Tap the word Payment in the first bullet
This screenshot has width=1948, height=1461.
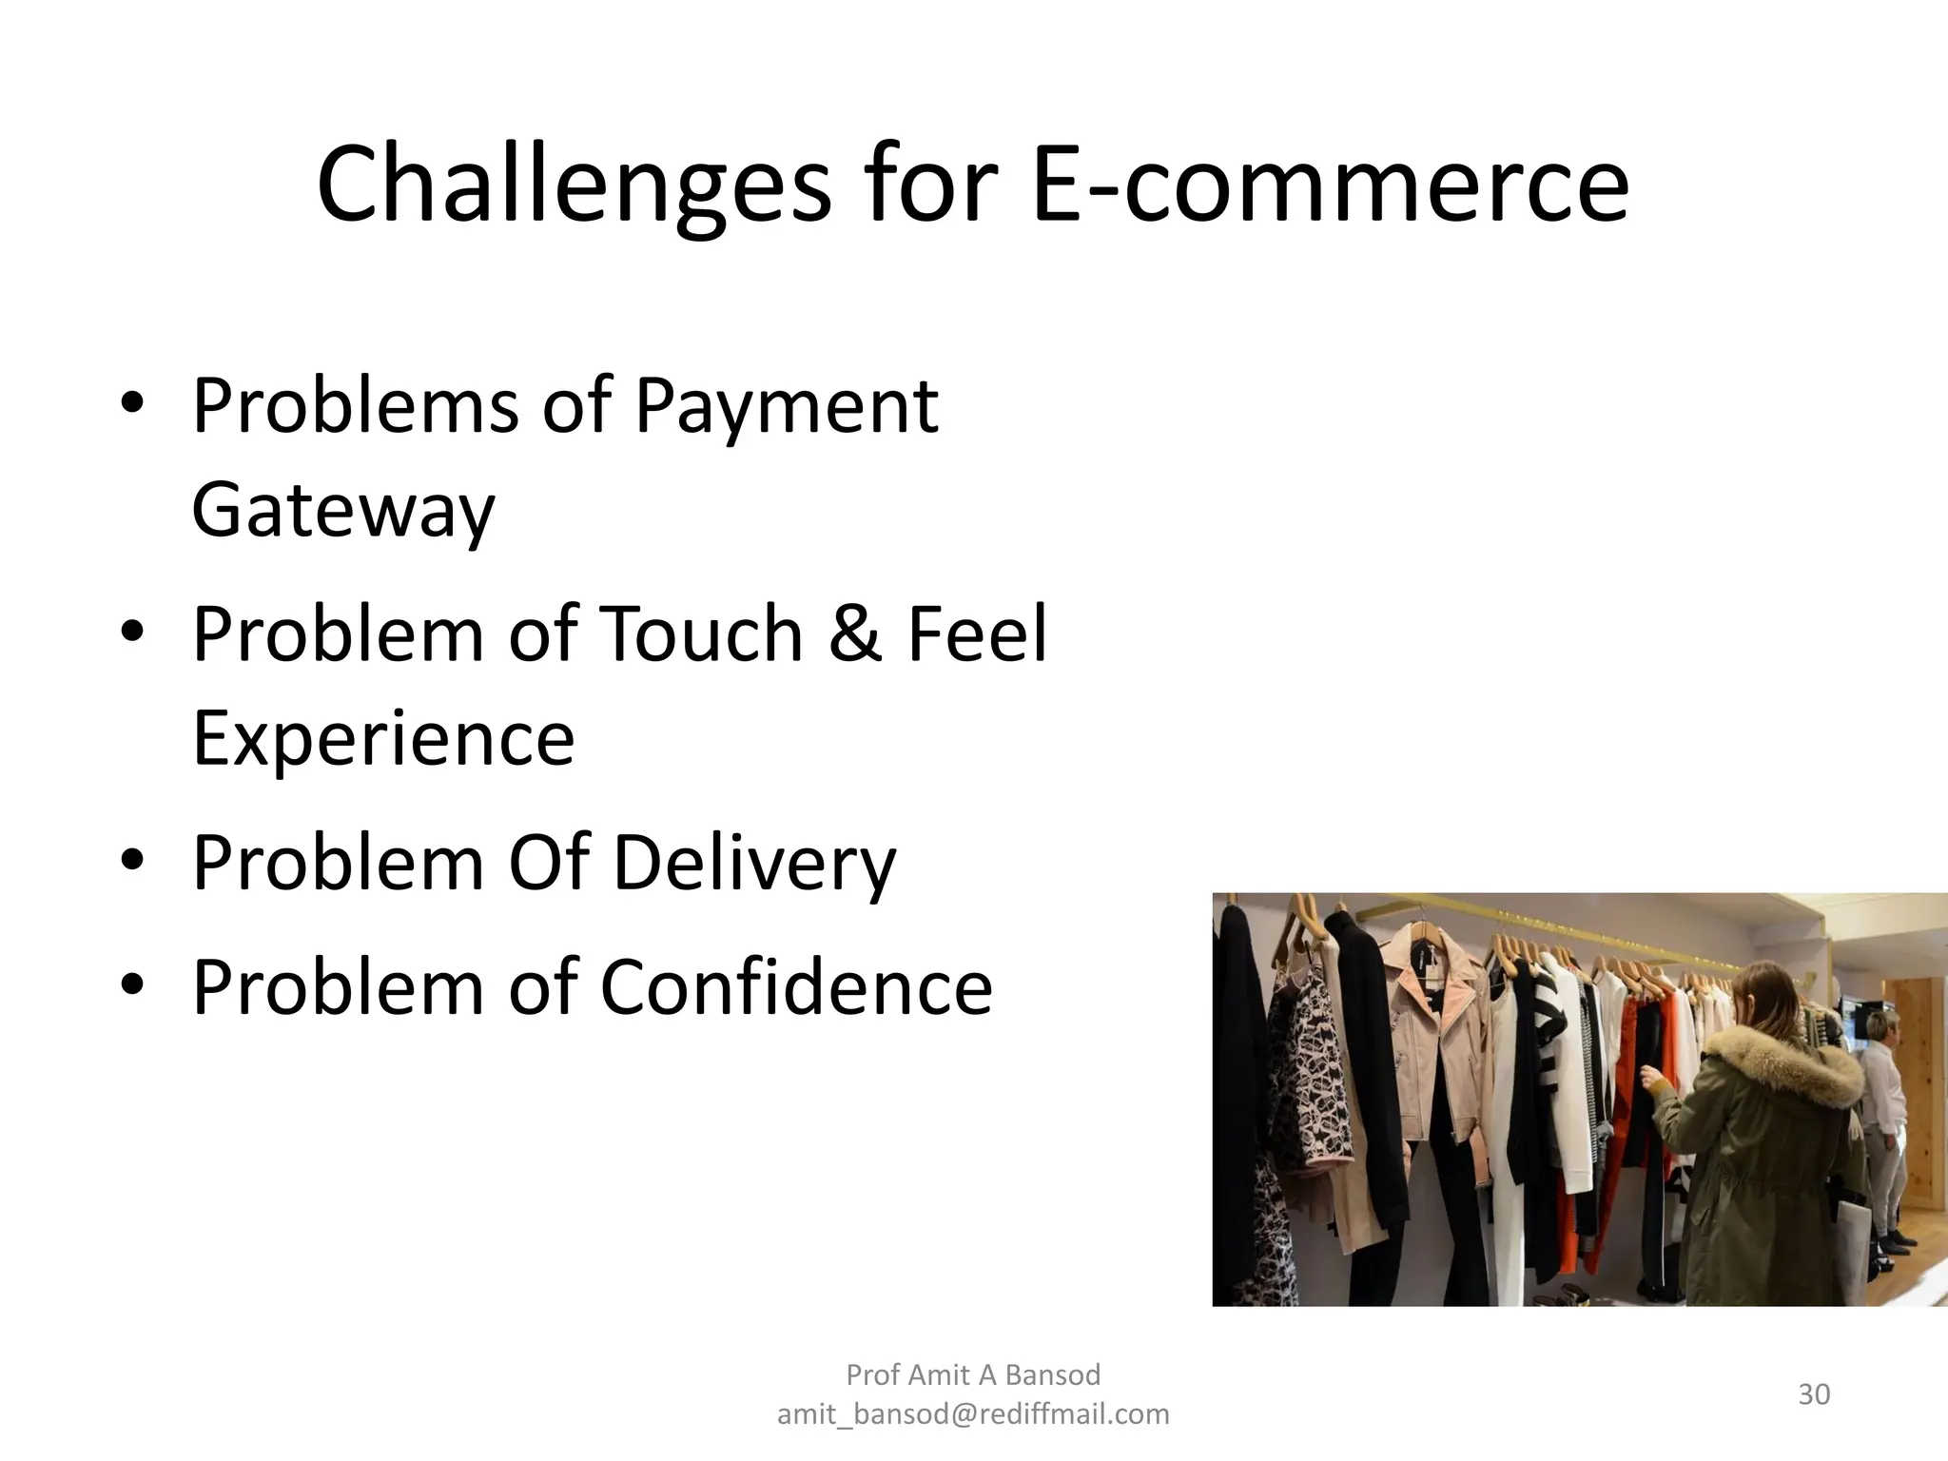point(786,406)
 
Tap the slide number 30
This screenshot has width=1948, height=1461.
point(1814,1394)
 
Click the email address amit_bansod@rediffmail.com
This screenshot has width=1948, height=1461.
point(973,1414)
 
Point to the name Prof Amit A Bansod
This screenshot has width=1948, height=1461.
point(973,1374)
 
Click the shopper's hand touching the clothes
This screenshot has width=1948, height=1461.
point(1651,1076)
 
